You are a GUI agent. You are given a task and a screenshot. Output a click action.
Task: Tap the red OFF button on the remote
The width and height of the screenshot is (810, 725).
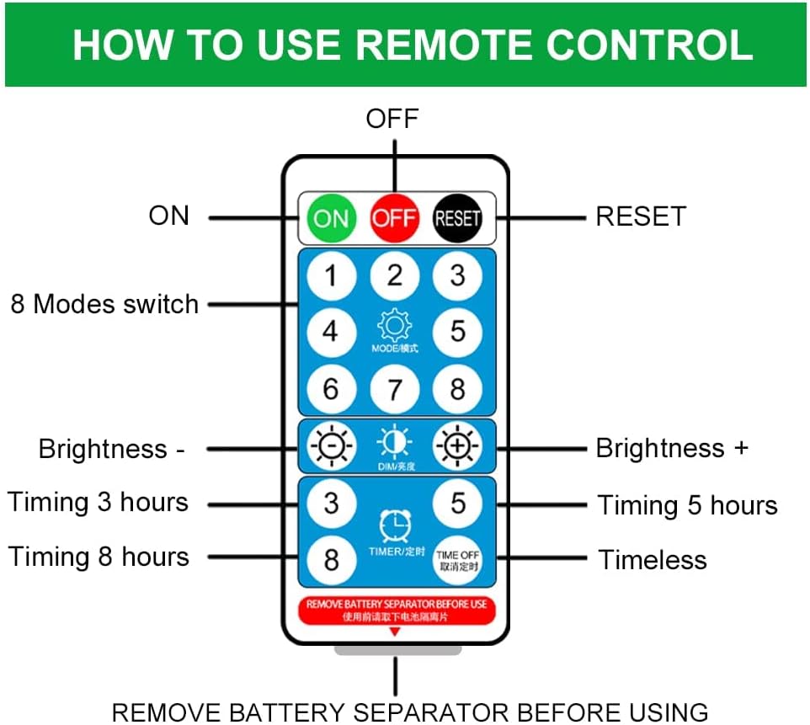pyautogui.click(x=394, y=218)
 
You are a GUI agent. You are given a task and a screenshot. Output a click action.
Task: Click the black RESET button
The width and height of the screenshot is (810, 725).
pyautogui.click(x=457, y=218)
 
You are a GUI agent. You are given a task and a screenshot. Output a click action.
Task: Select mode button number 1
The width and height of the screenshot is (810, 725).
pyautogui.click(x=331, y=275)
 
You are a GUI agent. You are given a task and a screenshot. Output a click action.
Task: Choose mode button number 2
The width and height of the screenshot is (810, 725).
pyautogui.click(x=394, y=275)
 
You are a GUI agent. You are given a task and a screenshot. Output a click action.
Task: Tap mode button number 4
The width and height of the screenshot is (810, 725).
pyautogui.click(x=331, y=331)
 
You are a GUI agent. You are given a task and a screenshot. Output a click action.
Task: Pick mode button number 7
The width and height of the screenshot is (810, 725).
pyautogui.click(x=394, y=389)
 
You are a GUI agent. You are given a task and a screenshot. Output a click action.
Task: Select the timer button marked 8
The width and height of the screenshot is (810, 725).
pyautogui.click(x=331, y=559)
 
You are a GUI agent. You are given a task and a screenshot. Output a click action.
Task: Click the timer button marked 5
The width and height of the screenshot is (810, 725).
pyautogui.click(x=457, y=503)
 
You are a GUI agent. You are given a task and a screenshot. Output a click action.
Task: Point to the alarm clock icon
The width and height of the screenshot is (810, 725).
pyautogui.click(x=395, y=526)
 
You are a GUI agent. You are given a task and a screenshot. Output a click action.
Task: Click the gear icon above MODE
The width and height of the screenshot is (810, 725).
pyautogui.click(x=394, y=325)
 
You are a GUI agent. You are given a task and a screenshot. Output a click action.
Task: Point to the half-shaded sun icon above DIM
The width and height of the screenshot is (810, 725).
pyautogui.click(x=394, y=441)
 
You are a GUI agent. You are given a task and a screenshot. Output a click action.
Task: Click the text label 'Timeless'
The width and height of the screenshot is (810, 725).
pyautogui.click(x=653, y=560)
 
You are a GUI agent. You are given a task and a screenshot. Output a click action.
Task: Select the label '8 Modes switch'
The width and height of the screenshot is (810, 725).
pyautogui.click(x=104, y=304)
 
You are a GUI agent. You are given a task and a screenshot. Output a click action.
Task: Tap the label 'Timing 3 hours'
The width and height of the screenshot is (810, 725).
pyautogui.click(x=98, y=503)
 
